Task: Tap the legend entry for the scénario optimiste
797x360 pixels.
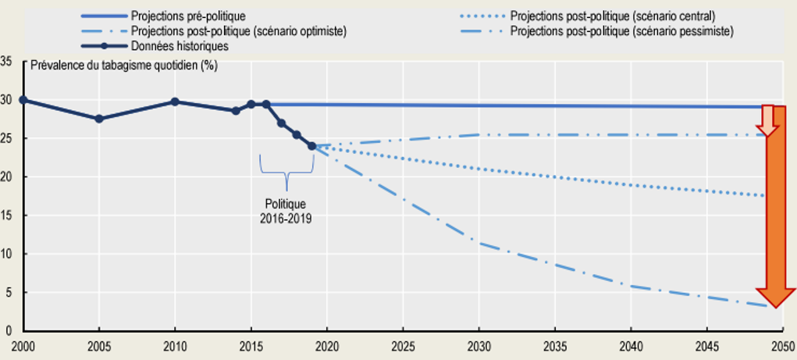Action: (239, 31)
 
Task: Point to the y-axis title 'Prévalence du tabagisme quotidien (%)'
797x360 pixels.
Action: (124, 65)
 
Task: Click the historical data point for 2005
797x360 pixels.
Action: (98, 119)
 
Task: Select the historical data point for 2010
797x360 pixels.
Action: (175, 102)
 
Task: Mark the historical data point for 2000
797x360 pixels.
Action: (23, 100)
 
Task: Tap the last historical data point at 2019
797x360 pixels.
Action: (312, 146)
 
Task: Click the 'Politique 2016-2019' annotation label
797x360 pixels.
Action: (286, 212)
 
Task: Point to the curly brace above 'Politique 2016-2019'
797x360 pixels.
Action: (286, 172)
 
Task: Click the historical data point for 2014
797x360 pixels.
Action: (236, 111)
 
